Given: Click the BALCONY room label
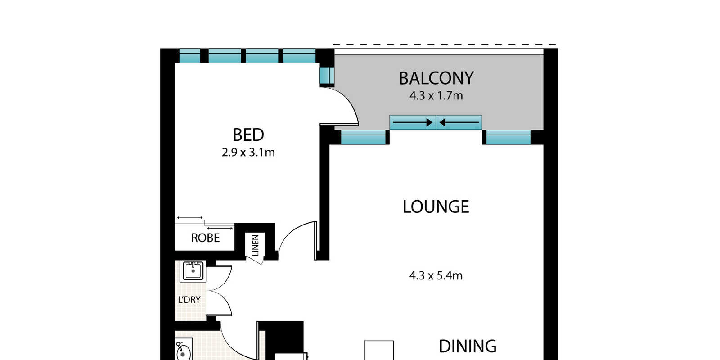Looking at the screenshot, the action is pyautogui.click(x=436, y=78).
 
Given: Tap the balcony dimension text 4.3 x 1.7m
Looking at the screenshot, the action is pyautogui.click(x=436, y=96).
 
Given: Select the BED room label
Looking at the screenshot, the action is pyautogui.click(x=248, y=135).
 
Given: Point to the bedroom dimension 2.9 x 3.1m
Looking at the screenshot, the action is pyautogui.click(x=248, y=153).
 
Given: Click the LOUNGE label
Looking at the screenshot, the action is pyautogui.click(x=436, y=207).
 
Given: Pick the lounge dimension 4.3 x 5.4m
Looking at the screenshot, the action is pyautogui.click(x=436, y=276).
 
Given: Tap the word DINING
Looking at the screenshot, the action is pyautogui.click(x=468, y=346).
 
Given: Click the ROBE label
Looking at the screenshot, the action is pyautogui.click(x=205, y=238).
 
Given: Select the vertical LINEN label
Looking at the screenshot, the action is pyautogui.click(x=256, y=245).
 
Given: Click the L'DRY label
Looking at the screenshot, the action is pyautogui.click(x=189, y=300).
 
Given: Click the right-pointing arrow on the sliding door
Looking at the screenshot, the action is pyautogui.click(x=413, y=122).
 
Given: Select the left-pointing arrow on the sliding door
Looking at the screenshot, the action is pyautogui.click(x=459, y=122).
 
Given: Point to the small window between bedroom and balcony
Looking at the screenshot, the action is pyautogui.click(x=327, y=76).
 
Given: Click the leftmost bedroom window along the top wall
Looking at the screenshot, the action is pyautogui.click(x=189, y=56).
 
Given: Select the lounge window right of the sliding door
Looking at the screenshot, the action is pyautogui.click(x=508, y=137).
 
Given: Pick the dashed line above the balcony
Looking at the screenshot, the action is pyautogui.click(x=445, y=45).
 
